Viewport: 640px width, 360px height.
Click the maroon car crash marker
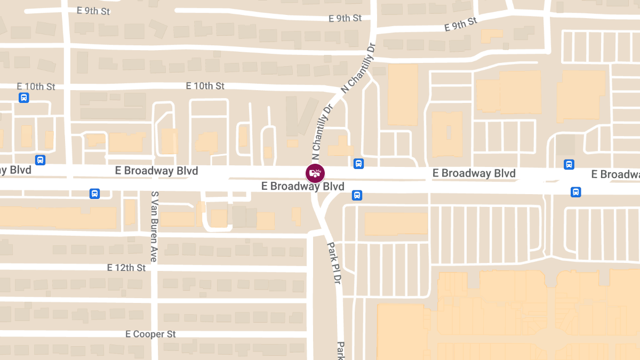[x=315, y=173]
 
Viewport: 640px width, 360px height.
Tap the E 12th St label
[x=126, y=268]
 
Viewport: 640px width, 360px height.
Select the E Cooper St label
[x=150, y=334]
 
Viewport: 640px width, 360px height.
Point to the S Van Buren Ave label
[x=154, y=227]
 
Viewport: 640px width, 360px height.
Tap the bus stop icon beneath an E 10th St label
[x=23, y=98]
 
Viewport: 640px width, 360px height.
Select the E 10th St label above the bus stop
[x=36, y=86]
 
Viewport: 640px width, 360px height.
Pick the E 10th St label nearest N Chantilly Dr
[x=205, y=86]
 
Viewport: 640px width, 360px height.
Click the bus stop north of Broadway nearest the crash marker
[x=358, y=164]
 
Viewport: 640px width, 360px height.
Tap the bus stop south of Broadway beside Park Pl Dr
[x=357, y=195]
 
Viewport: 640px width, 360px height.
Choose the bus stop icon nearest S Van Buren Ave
[x=94, y=193]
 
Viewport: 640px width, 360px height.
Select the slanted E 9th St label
[x=460, y=25]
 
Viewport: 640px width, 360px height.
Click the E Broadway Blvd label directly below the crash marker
[x=302, y=186]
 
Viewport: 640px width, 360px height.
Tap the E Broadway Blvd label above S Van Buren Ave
[x=156, y=171]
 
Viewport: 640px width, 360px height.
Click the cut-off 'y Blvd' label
[x=15, y=170]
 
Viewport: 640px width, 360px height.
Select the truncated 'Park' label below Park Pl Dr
[x=340, y=350]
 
